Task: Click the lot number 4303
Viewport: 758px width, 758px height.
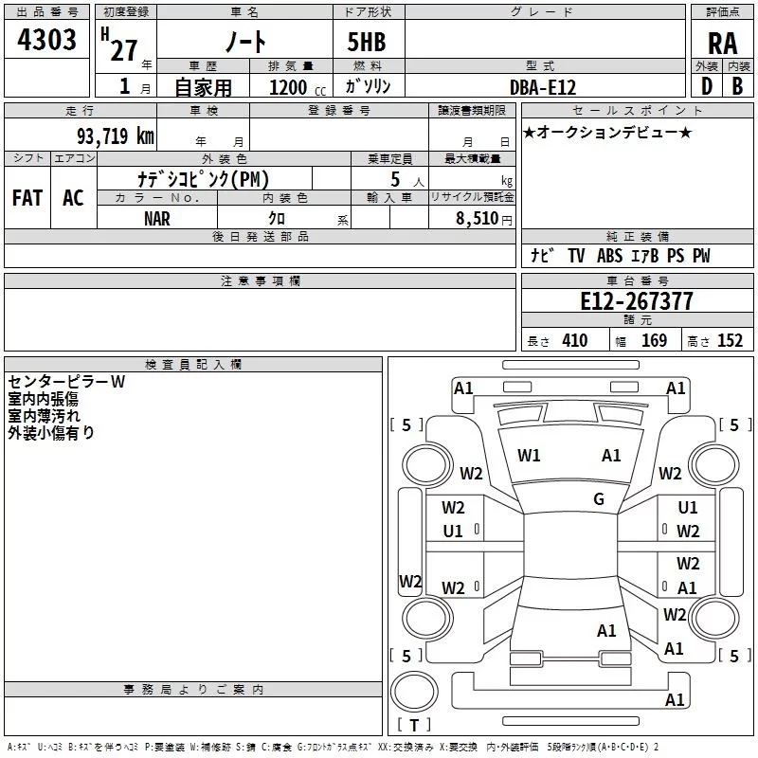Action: click(46, 40)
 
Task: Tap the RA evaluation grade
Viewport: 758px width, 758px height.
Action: click(722, 44)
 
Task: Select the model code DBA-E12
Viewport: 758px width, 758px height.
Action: click(543, 87)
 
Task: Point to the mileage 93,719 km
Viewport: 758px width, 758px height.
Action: click(116, 136)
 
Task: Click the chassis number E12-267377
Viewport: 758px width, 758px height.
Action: click(637, 301)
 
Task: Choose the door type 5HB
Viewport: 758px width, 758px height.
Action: click(367, 42)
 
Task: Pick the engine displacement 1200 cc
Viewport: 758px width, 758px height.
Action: click(298, 87)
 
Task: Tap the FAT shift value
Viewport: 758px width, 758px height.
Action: click(27, 198)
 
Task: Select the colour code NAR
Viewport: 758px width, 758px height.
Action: click(157, 219)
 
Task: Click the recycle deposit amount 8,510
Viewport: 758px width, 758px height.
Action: click(478, 218)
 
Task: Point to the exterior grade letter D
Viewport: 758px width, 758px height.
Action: click(707, 86)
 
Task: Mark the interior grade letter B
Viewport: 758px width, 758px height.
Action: click(738, 86)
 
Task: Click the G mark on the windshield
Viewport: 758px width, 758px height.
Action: click(599, 499)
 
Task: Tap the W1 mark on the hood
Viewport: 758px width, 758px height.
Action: click(529, 456)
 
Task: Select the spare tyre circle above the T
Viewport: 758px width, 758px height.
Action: click(414, 691)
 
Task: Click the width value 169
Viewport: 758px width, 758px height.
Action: click(654, 340)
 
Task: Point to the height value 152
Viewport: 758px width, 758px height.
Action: click(730, 340)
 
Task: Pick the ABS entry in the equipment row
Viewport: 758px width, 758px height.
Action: click(609, 256)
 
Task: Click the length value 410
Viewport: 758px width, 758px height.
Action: click(575, 340)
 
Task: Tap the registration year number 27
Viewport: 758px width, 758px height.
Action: click(124, 51)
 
